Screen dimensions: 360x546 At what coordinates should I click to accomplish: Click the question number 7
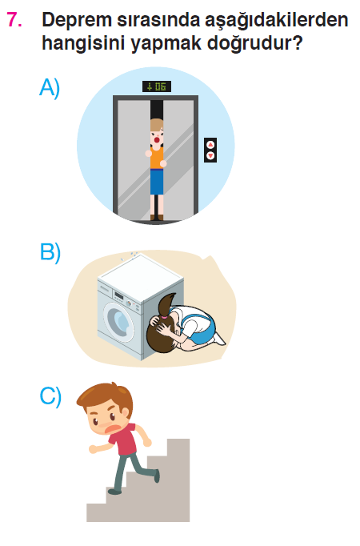(x=14, y=19)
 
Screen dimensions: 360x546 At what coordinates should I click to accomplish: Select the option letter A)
(x=50, y=88)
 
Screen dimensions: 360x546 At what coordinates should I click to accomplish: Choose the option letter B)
(x=50, y=251)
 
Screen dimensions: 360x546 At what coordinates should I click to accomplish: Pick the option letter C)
(x=50, y=396)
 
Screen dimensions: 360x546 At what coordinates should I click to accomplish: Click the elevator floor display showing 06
(x=157, y=86)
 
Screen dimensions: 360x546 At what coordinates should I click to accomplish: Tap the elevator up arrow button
(x=210, y=145)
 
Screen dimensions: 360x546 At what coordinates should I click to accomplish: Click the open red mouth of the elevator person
(x=157, y=140)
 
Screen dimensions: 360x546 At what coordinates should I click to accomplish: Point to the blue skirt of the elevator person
(x=157, y=182)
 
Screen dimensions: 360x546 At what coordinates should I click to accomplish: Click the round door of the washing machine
(x=118, y=322)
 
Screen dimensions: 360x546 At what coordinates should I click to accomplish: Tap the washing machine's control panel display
(x=119, y=296)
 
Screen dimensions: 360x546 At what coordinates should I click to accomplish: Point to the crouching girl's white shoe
(x=219, y=339)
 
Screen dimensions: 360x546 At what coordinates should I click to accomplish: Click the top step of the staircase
(x=178, y=440)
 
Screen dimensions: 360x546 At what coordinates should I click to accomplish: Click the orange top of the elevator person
(x=157, y=158)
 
